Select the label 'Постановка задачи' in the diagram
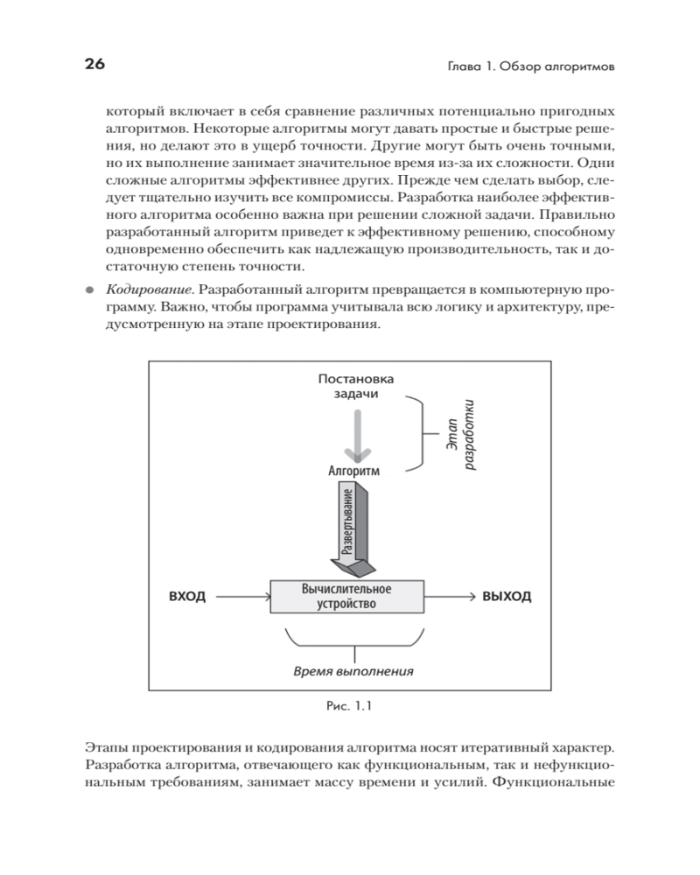click(x=355, y=386)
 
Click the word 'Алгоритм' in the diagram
click(x=354, y=471)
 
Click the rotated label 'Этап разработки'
click(x=459, y=434)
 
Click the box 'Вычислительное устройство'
click(x=345, y=596)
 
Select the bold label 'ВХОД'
click(x=186, y=597)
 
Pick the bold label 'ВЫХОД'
click(x=507, y=597)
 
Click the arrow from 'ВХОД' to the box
click(x=241, y=597)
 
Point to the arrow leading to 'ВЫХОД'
click(x=448, y=597)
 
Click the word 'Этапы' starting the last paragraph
click(x=109, y=747)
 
